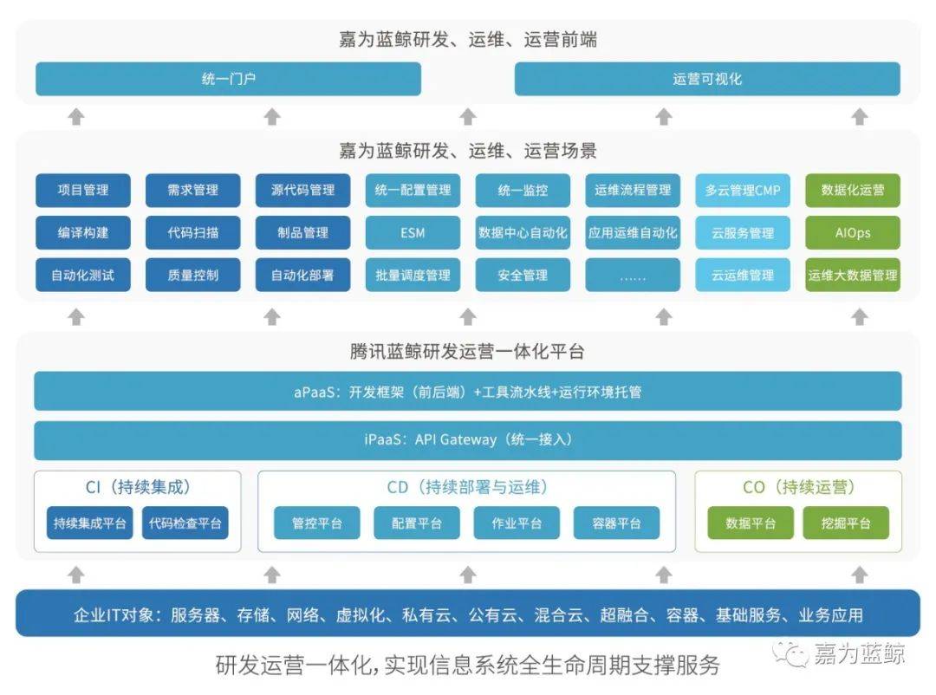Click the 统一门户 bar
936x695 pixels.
[228, 79]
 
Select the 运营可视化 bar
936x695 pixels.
[707, 79]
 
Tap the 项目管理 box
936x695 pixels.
[83, 190]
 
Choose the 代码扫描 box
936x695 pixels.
[192, 232]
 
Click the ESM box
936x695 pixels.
[413, 232]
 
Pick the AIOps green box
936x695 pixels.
[853, 232]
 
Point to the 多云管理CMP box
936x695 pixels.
[743, 190]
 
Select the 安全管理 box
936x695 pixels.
[523, 275]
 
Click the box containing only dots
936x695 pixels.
[633, 275]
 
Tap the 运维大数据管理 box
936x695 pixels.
[853, 275]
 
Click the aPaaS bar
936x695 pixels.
[468, 391]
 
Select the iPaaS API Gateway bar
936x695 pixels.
[468, 440]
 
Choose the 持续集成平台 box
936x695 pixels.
[89, 523]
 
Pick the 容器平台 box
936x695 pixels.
[617, 523]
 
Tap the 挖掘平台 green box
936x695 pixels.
[846, 523]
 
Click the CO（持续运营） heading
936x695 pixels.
[799, 487]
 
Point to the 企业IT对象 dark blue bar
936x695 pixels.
[468, 614]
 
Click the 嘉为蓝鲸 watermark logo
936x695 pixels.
[838, 653]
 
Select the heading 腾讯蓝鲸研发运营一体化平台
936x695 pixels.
[467, 351]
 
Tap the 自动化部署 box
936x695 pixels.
[302, 275]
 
